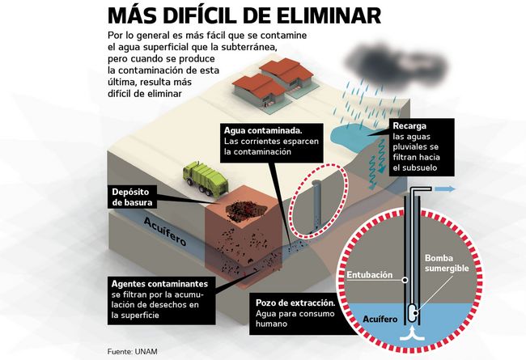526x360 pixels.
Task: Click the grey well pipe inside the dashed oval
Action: point(318,202)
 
